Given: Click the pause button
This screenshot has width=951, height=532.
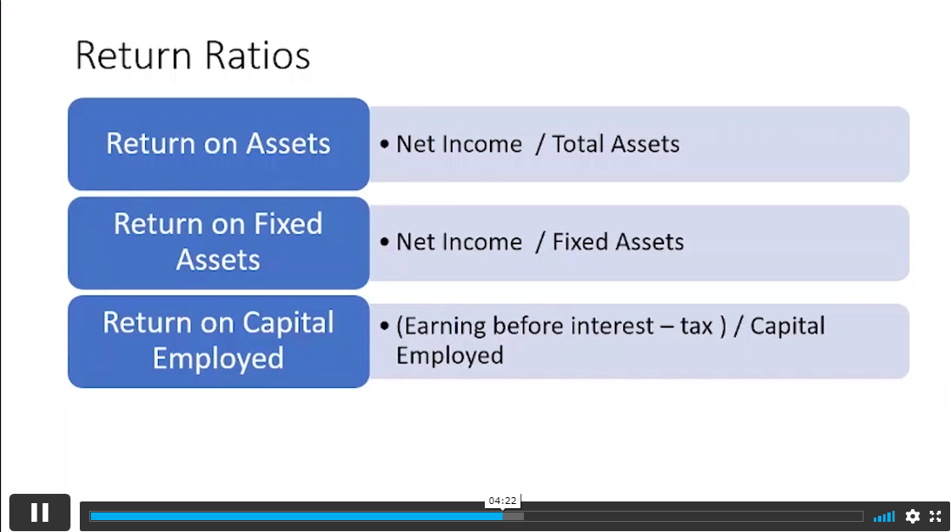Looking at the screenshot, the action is point(40,512).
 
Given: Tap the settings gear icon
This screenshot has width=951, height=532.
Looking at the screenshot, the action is point(912,516).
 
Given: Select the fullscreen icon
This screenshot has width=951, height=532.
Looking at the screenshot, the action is point(935,516).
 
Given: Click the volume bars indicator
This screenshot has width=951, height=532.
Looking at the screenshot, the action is point(884,516).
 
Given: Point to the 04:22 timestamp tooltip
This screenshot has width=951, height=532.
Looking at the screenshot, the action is point(502,501).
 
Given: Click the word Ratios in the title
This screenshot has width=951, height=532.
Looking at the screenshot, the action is point(258,56).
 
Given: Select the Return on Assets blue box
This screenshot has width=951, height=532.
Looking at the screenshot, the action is point(218,144).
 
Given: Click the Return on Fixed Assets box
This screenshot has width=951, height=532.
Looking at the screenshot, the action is point(218,243).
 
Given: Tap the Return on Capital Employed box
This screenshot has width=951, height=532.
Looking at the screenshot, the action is point(218,341).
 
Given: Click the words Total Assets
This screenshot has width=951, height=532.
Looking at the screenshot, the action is point(616,144).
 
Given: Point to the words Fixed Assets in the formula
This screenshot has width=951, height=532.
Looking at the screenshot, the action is point(618,242).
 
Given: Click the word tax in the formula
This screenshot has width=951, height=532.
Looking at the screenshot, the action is point(696,326).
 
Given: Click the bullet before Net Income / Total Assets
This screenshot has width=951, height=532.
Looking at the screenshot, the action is point(385,144).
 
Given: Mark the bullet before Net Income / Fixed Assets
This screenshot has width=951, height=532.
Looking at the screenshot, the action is point(385,243).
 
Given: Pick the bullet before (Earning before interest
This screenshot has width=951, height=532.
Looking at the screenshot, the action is point(385,326).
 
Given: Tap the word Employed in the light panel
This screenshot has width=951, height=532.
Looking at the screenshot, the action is point(449,356).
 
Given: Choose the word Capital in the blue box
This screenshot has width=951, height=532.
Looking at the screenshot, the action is point(288,323).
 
